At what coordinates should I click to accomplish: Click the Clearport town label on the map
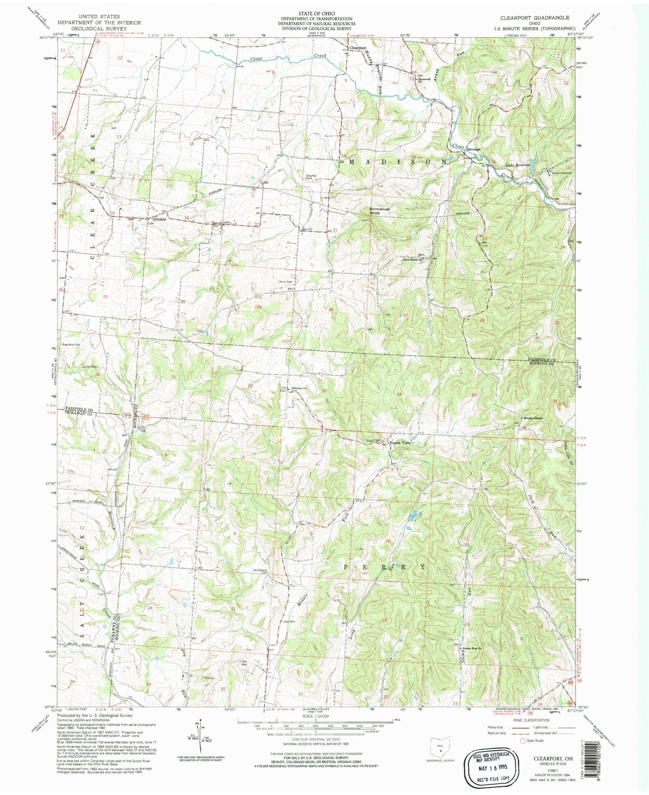(x=358, y=48)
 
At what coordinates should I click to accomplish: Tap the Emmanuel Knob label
(x=379, y=211)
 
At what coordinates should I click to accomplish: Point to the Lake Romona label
(x=518, y=165)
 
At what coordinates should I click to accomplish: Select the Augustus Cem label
(x=72, y=344)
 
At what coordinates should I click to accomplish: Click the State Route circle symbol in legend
(x=523, y=740)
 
